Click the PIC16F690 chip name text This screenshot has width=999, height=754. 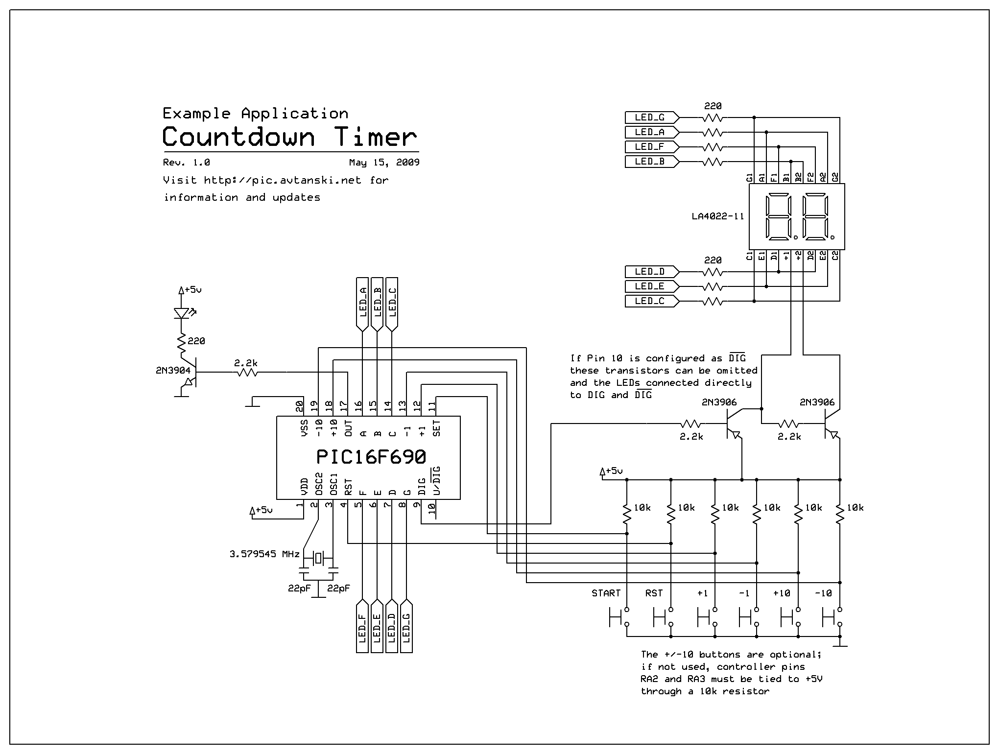point(371,457)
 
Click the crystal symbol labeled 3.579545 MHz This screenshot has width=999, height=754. point(319,558)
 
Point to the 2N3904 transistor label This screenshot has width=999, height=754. point(173,371)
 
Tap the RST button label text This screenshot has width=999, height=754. point(654,593)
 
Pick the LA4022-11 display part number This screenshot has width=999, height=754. point(717,216)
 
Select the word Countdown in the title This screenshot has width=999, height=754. point(238,137)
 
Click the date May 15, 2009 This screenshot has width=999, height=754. point(384,163)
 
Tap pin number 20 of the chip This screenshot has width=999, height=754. point(299,406)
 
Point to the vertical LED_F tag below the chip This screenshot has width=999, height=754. point(362,627)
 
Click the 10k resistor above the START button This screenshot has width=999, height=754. point(627,514)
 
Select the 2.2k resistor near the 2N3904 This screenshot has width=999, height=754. point(247,373)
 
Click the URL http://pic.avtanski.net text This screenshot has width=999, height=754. point(283,180)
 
